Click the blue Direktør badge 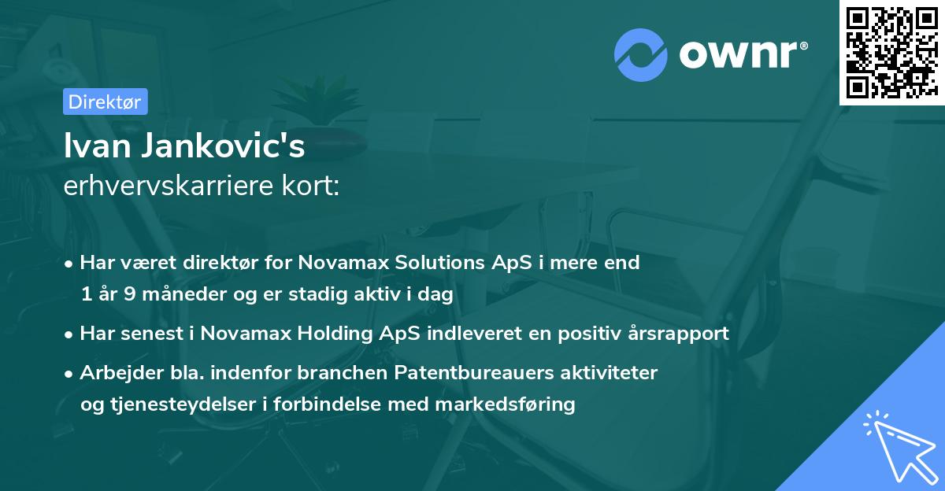tap(106, 102)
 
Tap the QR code tap(892, 53)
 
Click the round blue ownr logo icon tap(641, 55)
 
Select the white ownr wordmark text tap(743, 54)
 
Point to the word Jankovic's tap(223, 146)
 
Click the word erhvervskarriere tap(169, 186)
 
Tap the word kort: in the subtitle tap(311, 186)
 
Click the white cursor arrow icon tap(900, 447)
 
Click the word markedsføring tap(505, 404)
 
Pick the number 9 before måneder tap(129, 293)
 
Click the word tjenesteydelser tap(183, 404)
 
